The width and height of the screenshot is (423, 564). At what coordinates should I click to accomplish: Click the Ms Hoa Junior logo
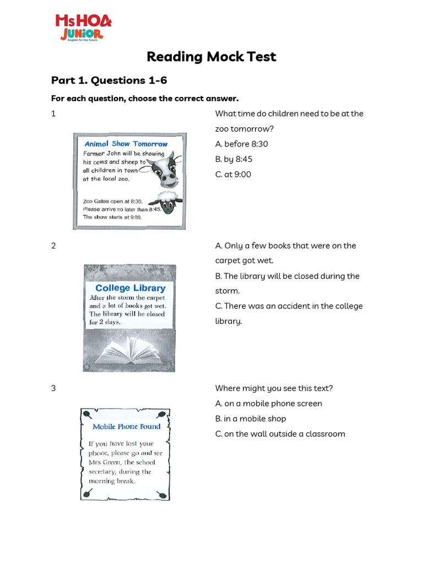(83, 27)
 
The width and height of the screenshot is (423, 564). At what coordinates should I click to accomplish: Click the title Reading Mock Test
(211, 57)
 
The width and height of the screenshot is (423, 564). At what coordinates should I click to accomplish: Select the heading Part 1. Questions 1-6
(109, 80)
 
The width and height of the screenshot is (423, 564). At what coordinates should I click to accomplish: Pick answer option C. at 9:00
(233, 174)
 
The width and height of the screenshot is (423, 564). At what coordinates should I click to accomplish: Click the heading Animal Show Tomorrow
(126, 144)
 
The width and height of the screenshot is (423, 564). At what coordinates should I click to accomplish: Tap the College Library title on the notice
(130, 288)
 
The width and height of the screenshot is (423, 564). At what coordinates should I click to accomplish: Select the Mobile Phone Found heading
(126, 426)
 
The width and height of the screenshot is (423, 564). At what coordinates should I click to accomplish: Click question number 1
(53, 114)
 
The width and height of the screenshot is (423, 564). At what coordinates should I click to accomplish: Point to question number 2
(53, 246)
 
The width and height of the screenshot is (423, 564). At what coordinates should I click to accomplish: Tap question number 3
(53, 388)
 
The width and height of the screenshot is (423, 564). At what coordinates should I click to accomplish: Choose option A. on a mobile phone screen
(268, 403)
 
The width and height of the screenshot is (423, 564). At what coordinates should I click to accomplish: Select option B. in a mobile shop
(250, 419)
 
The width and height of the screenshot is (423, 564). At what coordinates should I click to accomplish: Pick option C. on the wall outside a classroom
(280, 433)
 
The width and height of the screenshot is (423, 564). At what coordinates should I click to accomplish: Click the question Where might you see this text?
(274, 388)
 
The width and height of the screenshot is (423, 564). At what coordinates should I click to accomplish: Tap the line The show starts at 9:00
(112, 217)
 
